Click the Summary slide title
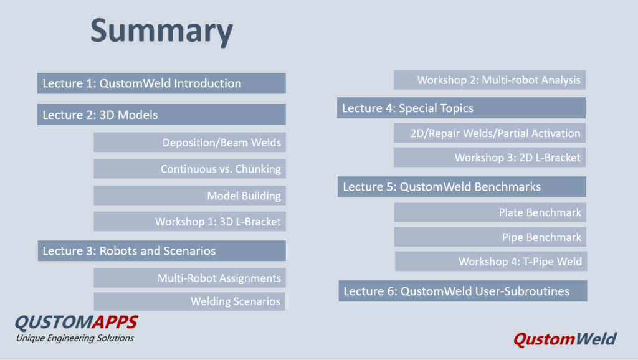pyautogui.click(x=161, y=32)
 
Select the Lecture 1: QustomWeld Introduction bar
pyautogui.click(x=161, y=83)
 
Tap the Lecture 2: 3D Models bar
pyautogui.click(x=161, y=115)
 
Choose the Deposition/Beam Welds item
pyautogui.click(x=189, y=143)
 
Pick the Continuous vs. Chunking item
pyautogui.click(x=189, y=169)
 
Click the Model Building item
pyautogui.click(x=189, y=196)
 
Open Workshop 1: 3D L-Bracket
pyautogui.click(x=189, y=221)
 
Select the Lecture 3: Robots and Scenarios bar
pyautogui.click(x=162, y=250)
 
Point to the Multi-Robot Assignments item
pyautogui.click(x=189, y=278)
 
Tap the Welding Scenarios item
pyautogui.click(x=189, y=301)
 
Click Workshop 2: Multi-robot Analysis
pyautogui.click(x=490, y=80)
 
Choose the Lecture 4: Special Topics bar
pyautogui.click(x=462, y=108)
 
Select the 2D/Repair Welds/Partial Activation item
pyautogui.click(x=490, y=133)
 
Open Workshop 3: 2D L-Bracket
pyautogui.click(x=490, y=158)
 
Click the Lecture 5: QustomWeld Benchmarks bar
pyautogui.click(x=462, y=187)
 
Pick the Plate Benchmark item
pyautogui.click(x=490, y=212)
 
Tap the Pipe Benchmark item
pyautogui.click(x=490, y=237)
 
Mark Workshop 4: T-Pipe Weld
pyautogui.click(x=491, y=261)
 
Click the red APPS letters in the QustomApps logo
pyautogui.click(x=115, y=322)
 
